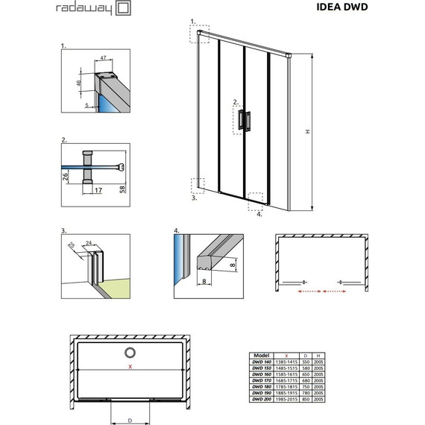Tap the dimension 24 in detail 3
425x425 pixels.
pyautogui.click(x=88, y=243)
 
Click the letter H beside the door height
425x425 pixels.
pyautogui.click(x=306, y=131)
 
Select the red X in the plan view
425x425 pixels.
pyautogui.click(x=130, y=367)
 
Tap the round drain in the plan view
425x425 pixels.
pyautogui.click(x=130, y=353)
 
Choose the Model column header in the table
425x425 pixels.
pyautogui.click(x=262, y=356)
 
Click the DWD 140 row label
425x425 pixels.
pyautogui.click(x=262, y=362)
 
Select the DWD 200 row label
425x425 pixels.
pyautogui.click(x=262, y=399)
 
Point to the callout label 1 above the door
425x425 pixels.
pyautogui.click(x=193, y=22)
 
